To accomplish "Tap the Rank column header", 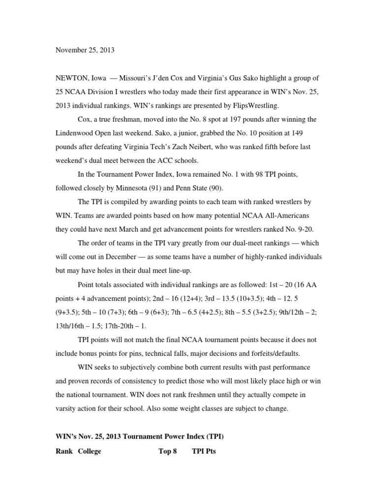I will click(63, 451).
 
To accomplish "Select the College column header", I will click(90, 451).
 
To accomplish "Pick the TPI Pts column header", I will click(204, 451).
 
